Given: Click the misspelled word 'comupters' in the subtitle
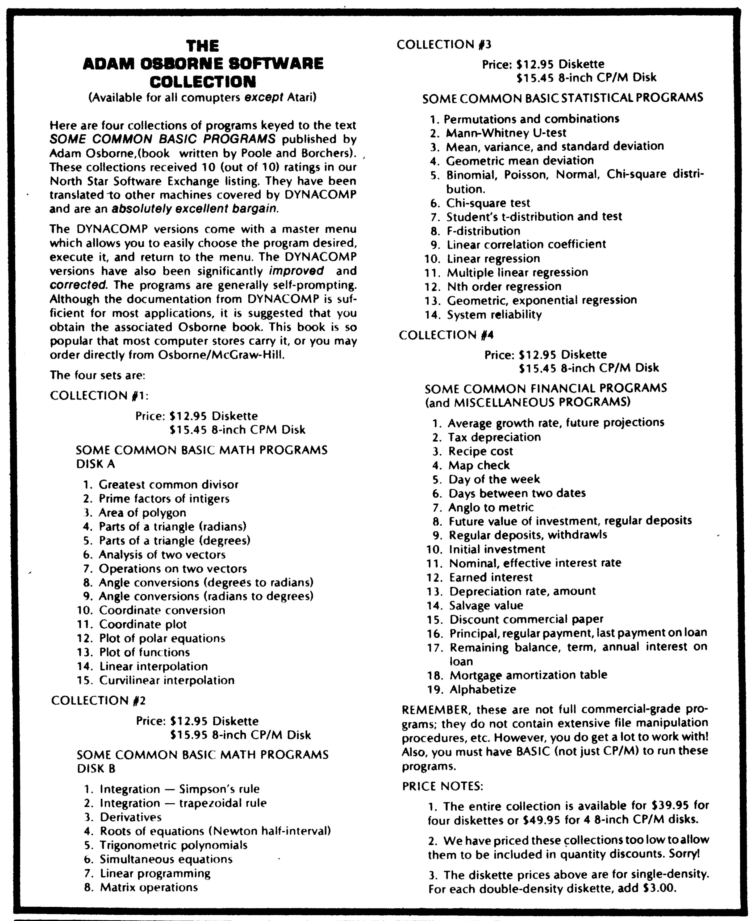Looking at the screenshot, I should point(214,97).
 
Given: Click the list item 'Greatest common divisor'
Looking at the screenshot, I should point(169,484).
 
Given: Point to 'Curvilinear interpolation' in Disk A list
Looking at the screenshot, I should point(167,680).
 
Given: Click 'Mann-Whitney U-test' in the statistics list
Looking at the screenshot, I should point(506,133).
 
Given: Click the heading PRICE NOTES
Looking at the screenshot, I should point(443,786).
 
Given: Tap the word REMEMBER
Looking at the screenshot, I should point(436,710).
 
